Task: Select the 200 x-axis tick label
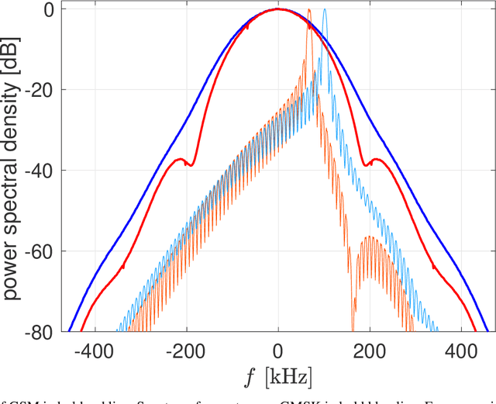tap(370, 351)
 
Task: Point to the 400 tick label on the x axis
tap(461, 351)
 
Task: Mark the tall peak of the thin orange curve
tap(308, 10)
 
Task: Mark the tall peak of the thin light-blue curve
tap(325, 10)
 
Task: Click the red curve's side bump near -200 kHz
tap(181, 159)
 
